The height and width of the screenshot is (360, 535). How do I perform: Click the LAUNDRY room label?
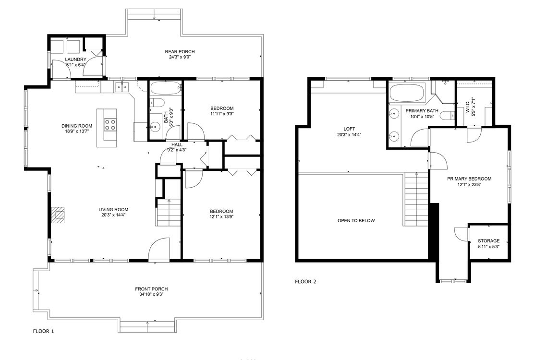click(75, 60)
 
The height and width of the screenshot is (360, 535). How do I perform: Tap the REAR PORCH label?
click(180, 52)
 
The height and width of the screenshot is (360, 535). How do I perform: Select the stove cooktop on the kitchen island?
click(110, 125)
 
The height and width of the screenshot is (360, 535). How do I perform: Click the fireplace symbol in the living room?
click(58, 216)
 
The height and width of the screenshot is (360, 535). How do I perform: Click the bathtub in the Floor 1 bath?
click(165, 88)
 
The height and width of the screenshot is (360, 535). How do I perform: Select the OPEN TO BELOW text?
click(356, 221)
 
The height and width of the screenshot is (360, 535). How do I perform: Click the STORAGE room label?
click(488, 241)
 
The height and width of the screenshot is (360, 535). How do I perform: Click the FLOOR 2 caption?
click(305, 282)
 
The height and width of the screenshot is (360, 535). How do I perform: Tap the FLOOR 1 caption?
click(43, 331)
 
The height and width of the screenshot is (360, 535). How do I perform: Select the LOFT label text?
click(349, 129)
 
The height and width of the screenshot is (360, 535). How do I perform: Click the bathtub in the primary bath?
click(407, 93)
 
